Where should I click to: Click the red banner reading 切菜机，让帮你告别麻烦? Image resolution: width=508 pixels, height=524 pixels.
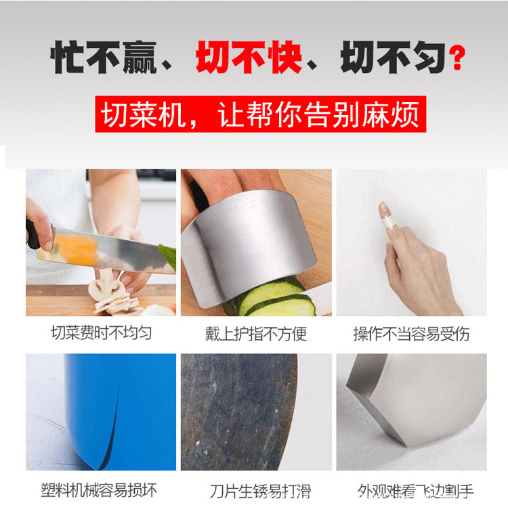(261, 114)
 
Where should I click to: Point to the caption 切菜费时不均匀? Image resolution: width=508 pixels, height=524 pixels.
(101, 333)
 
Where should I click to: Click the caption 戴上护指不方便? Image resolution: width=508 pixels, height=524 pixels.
(256, 334)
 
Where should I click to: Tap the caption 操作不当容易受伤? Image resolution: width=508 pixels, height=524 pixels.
(411, 334)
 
